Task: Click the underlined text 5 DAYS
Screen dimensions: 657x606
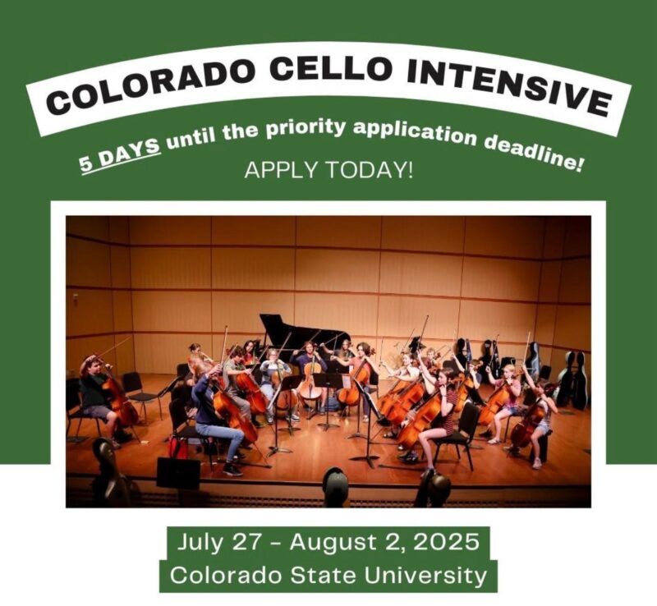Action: tap(121, 154)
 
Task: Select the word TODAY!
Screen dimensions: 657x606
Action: tap(369, 170)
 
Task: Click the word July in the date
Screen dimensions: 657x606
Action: tap(198, 542)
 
